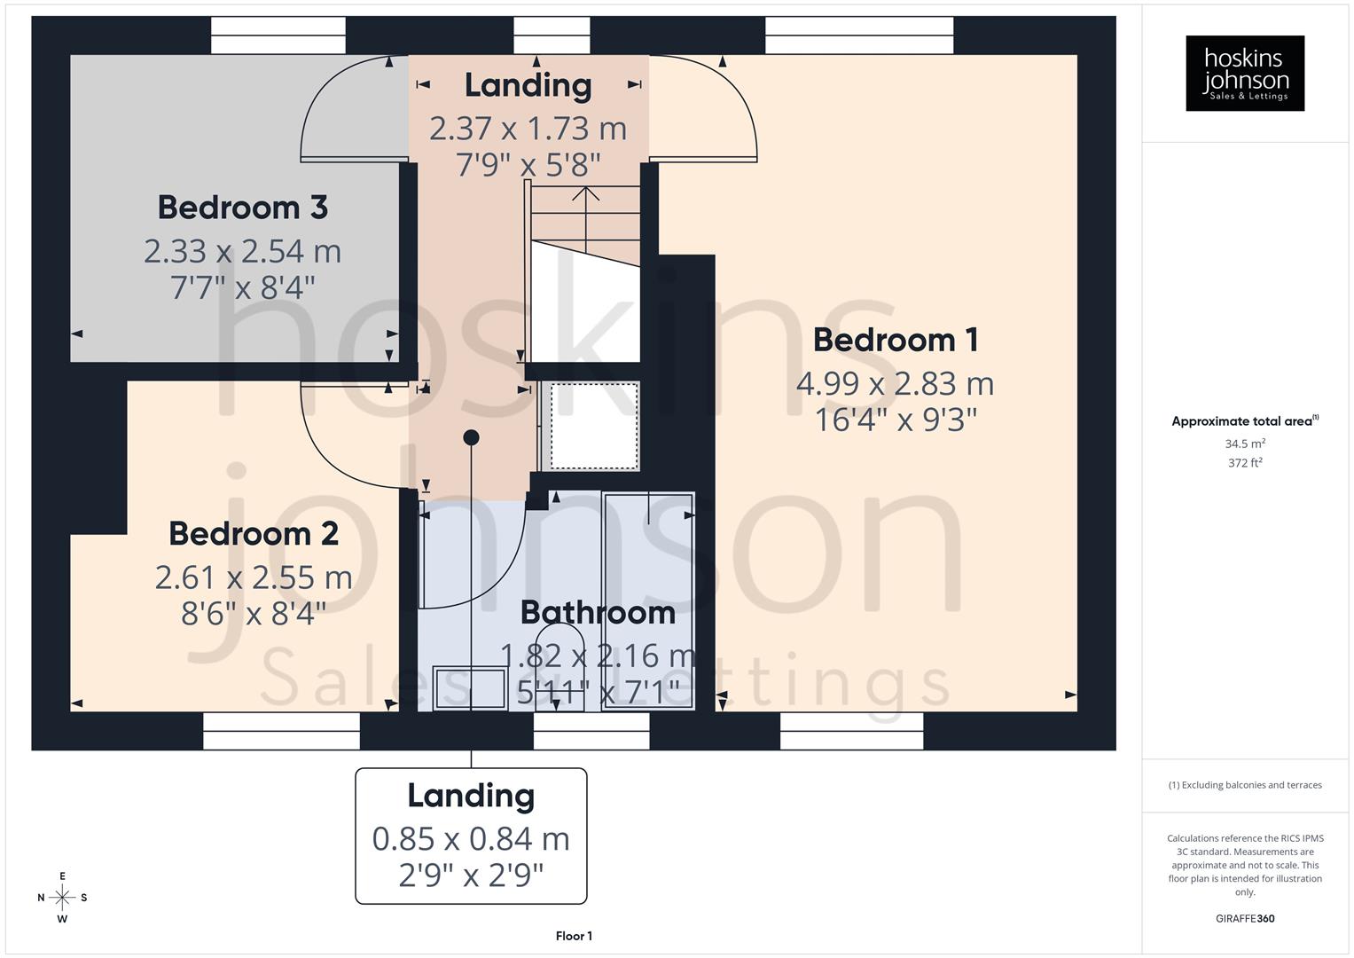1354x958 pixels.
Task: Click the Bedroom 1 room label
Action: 895,340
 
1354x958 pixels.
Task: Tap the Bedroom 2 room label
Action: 254,534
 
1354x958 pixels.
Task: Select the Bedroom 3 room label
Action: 243,208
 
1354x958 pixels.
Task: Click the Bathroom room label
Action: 598,612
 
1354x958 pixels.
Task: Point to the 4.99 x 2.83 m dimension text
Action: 895,384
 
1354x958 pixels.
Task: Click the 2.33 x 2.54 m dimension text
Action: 243,252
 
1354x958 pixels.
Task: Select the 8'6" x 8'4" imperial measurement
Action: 254,613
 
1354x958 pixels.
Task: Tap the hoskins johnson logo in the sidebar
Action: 1245,74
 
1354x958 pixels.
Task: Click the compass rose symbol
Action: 62,898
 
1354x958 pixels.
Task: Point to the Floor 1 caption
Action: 574,936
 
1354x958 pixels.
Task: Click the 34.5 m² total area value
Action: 1245,444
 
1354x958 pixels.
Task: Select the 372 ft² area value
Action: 1245,462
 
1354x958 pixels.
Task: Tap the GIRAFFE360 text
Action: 1245,918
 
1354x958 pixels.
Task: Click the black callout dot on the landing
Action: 472,437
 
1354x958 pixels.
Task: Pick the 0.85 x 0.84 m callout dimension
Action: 471,838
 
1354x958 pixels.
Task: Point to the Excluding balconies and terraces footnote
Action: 1245,785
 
